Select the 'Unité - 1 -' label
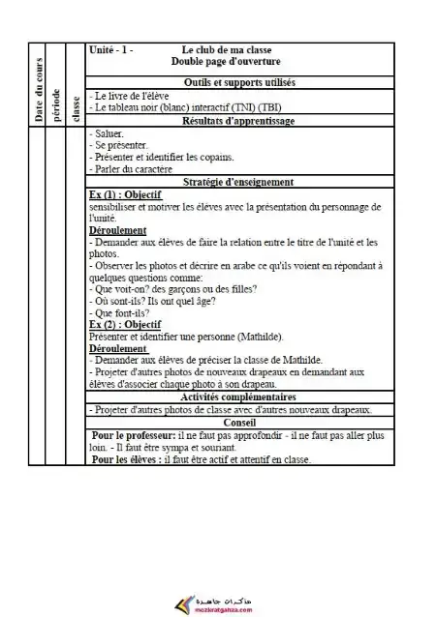110,49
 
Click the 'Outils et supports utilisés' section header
238,83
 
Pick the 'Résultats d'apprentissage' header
238,121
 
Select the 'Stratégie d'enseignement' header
238,182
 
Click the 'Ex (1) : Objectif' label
125,194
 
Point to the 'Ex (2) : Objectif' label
125,324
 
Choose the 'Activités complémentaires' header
238,397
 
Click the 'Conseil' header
238,423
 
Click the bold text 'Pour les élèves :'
130,459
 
